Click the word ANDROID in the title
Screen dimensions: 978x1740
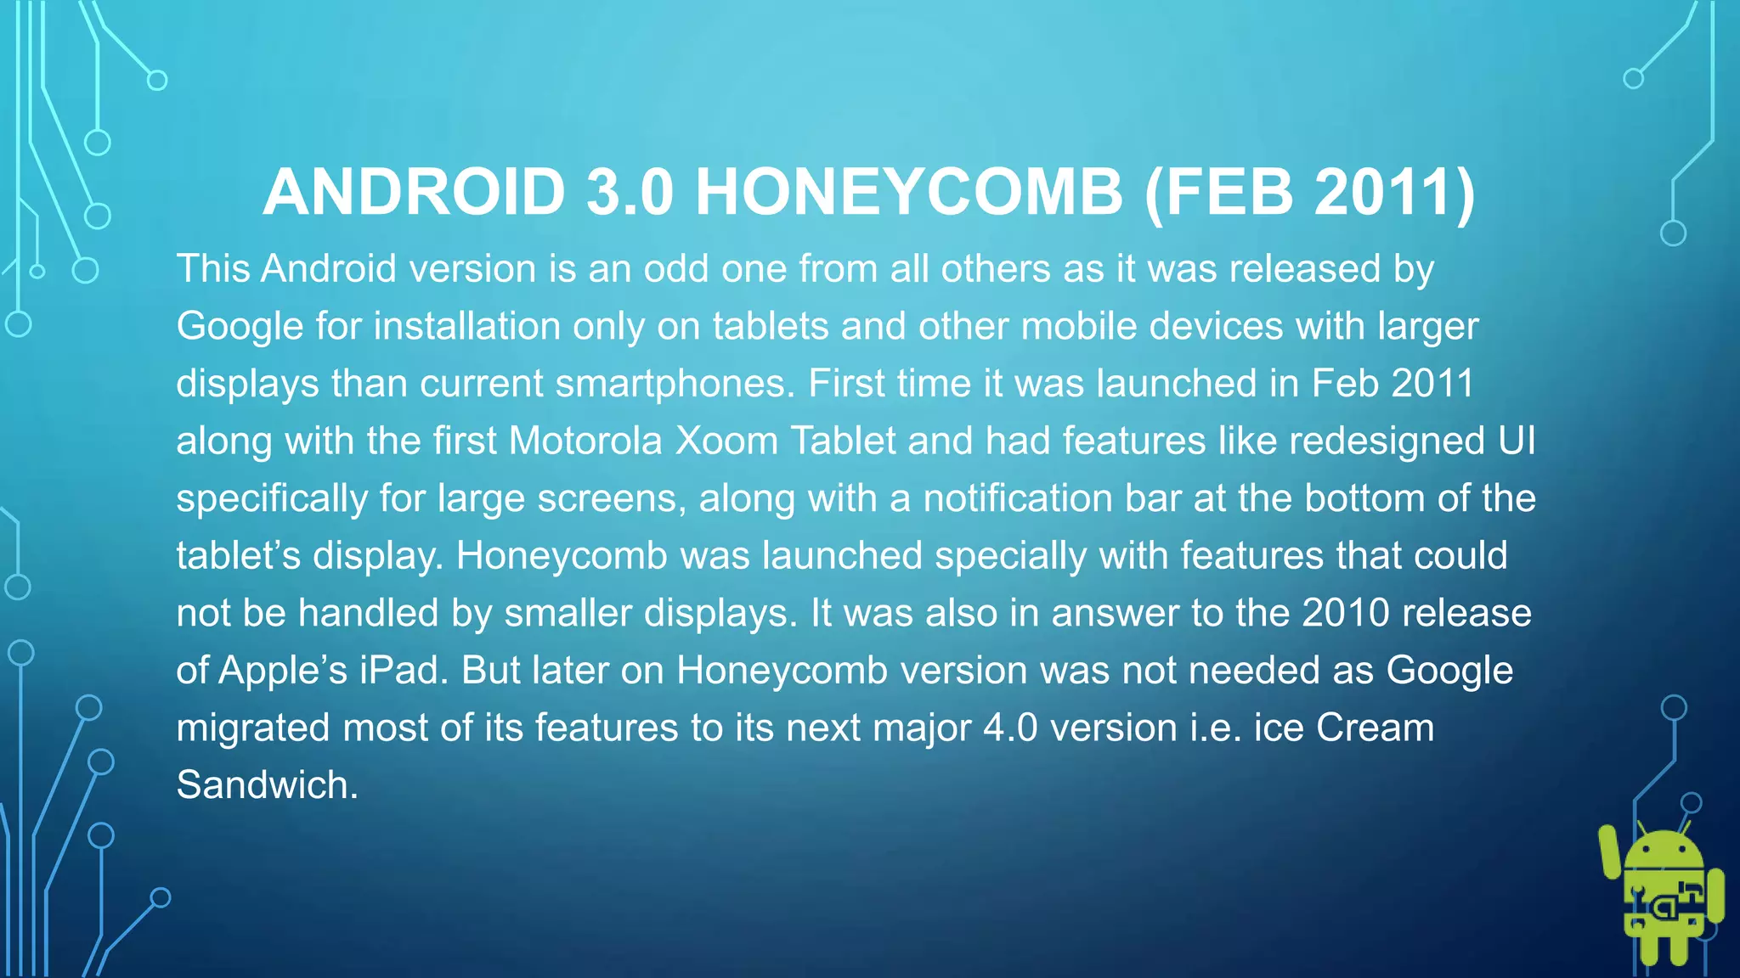point(415,192)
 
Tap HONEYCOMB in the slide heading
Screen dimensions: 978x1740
point(909,192)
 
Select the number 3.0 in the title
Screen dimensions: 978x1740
point(630,192)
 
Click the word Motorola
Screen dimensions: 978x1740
point(585,441)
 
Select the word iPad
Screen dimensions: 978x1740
point(403,671)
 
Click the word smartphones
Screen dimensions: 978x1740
point(670,384)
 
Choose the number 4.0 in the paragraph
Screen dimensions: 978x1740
point(1010,728)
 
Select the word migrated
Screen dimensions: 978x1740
point(252,728)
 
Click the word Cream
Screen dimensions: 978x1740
point(1375,728)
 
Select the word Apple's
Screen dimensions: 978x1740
point(283,671)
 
